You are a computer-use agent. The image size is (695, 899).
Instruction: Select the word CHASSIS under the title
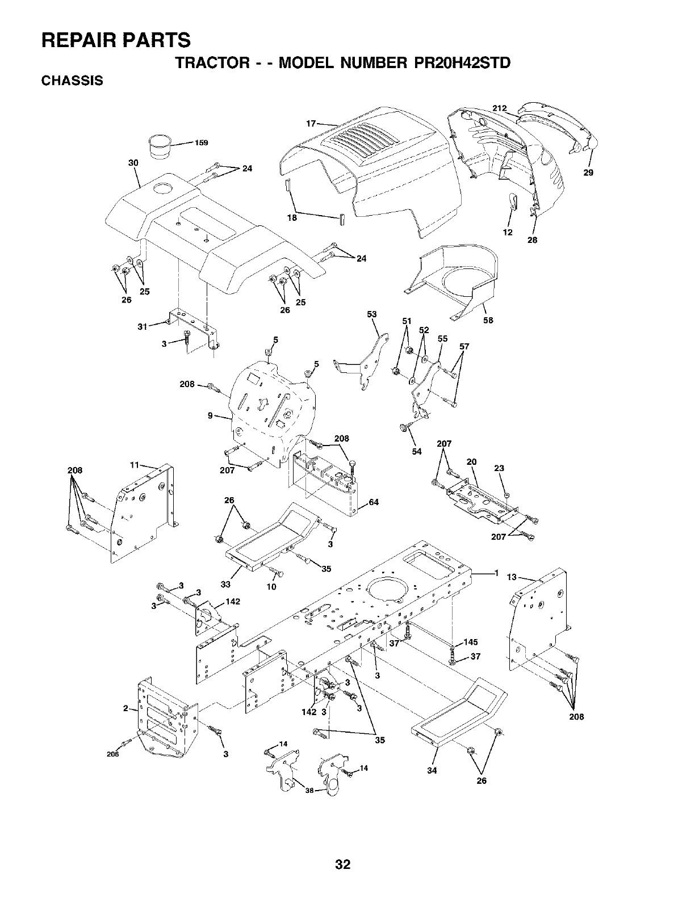click(72, 81)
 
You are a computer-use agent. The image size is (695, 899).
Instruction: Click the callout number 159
click(201, 143)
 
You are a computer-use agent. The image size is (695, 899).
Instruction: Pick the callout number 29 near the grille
click(588, 173)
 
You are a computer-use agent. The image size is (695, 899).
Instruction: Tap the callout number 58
click(488, 320)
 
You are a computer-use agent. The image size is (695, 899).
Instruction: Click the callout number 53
click(372, 314)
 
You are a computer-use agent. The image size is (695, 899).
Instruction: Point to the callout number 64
click(373, 502)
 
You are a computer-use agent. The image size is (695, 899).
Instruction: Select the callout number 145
click(471, 642)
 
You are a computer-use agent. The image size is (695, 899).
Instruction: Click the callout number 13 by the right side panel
click(512, 578)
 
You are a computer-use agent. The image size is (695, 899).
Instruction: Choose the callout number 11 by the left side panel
click(135, 465)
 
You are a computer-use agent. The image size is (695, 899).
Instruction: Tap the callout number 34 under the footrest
click(432, 770)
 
